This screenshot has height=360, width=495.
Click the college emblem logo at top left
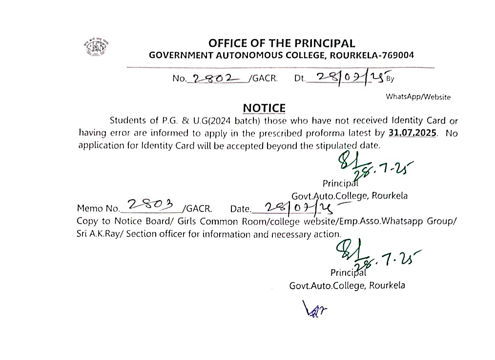(96, 47)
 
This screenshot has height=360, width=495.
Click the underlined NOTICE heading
(264, 108)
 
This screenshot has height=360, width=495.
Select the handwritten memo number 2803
(150, 206)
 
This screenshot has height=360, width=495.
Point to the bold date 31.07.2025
(412, 133)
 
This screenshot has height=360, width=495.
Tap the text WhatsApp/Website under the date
(418, 97)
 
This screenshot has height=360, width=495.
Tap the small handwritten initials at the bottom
(315, 309)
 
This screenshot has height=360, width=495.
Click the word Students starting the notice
(128, 120)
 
